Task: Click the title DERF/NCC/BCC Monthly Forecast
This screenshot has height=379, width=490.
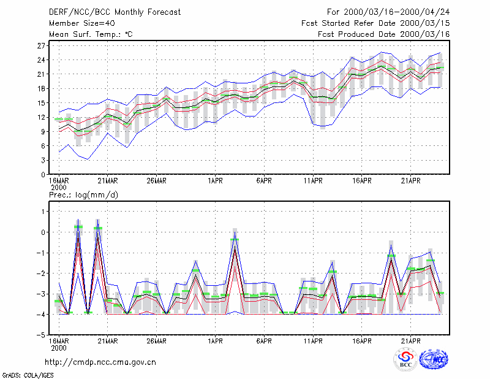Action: (115, 12)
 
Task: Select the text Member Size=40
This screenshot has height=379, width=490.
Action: (82, 23)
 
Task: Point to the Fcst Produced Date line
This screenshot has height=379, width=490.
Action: (383, 34)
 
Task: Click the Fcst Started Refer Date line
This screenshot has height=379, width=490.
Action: (375, 23)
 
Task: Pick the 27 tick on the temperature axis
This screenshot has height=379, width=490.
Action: (41, 46)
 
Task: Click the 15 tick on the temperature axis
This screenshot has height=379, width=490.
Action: (41, 103)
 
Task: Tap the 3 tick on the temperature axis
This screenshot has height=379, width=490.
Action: (43, 160)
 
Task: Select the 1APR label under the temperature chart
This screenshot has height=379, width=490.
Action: (216, 181)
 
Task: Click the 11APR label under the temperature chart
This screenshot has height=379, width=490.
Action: (313, 181)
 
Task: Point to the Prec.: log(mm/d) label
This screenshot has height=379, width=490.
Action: (83, 195)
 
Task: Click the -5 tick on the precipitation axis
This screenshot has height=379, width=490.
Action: (41, 335)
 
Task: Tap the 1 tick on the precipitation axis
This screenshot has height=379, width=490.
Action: (43, 212)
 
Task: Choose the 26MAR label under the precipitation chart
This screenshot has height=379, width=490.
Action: (157, 341)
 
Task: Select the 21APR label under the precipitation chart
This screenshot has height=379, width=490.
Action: (410, 341)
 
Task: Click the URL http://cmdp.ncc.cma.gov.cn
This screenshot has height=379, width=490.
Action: (100, 362)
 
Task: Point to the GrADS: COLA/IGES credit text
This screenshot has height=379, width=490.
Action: (28, 375)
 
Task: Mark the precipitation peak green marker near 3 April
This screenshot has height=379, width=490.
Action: (235, 239)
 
